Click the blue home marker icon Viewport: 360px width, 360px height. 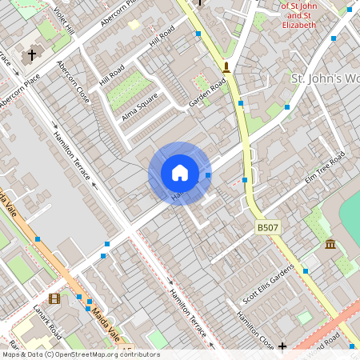pyautogui.click(x=179, y=173)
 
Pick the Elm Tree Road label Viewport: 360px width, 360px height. pyautogui.click(x=323, y=170)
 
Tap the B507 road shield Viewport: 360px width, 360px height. pyautogui.click(x=268, y=229)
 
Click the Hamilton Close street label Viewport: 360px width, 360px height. pyautogui.click(x=255, y=328)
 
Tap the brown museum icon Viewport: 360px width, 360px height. pyautogui.click(x=330, y=243)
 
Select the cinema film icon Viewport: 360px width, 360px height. pyautogui.click(x=54, y=299)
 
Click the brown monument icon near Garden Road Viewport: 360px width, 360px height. pyautogui.click(x=227, y=67)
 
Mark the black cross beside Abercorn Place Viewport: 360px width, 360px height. pyautogui.click(x=32, y=55)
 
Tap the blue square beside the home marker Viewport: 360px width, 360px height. pyautogui.click(x=208, y=175)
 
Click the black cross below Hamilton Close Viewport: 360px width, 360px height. pyautogui.click(x=282, y=346)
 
